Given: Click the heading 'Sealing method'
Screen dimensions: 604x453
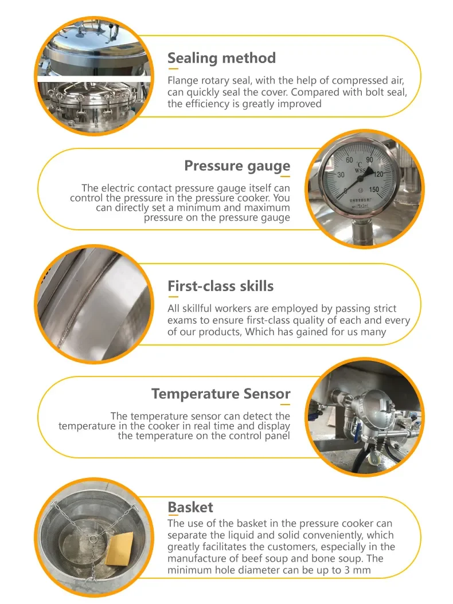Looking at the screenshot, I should tap(221, 58).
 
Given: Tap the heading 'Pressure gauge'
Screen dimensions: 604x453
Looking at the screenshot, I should tap(237, 166).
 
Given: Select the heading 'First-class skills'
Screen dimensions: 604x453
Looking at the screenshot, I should tap(220, 286).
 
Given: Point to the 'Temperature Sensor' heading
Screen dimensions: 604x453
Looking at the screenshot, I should tap(221, 394).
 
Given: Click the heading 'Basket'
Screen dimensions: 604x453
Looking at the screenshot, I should tap(190, 507).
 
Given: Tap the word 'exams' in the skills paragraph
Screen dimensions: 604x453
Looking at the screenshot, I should tap(182, 320).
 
